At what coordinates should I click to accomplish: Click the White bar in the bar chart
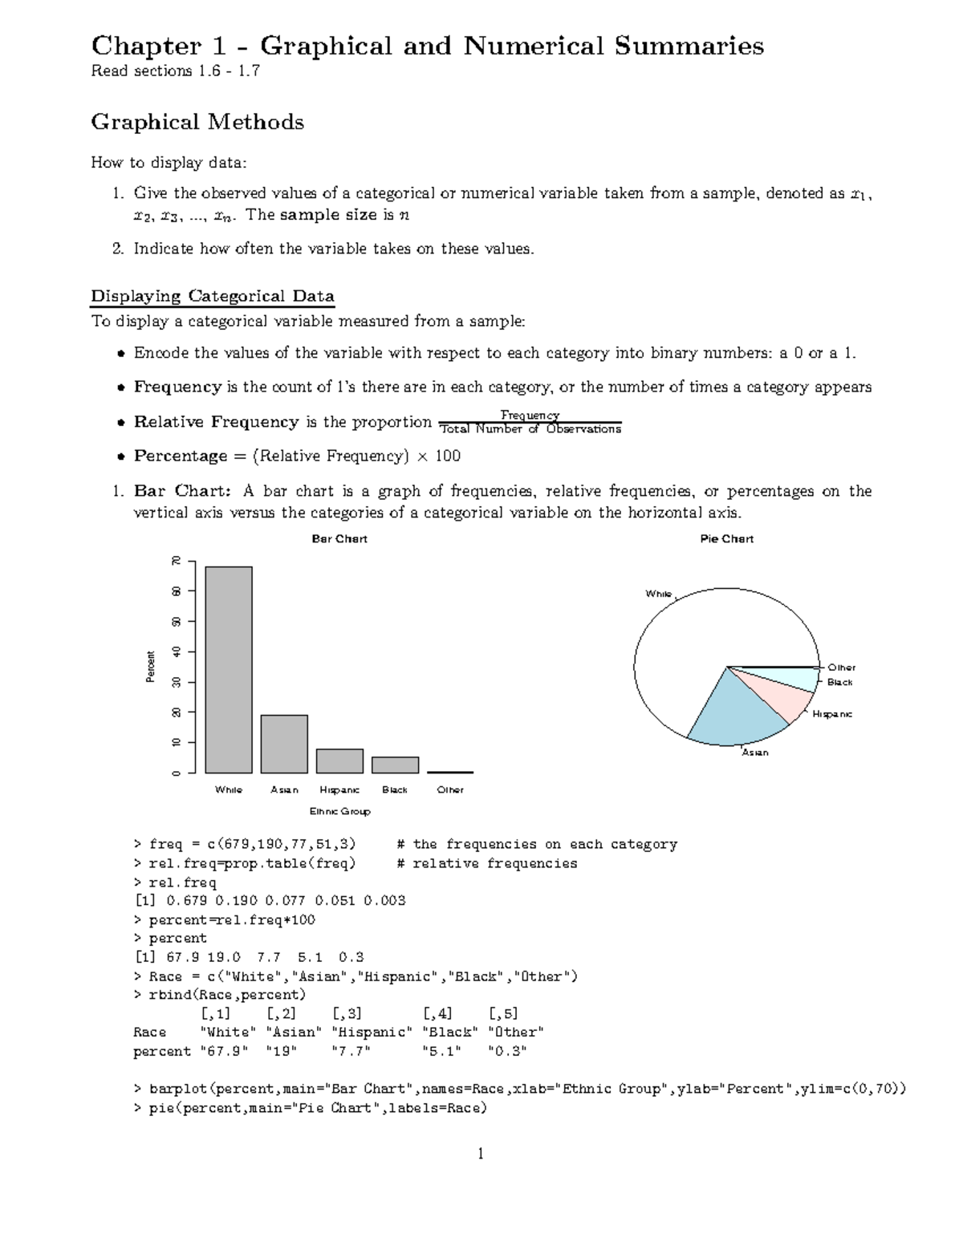[x=229, y=670]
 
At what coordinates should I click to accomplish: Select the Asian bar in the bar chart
[x=284, y=744]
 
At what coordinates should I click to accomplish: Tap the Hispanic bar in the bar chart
[x=339, y=761]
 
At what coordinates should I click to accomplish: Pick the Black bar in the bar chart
[x=395, y=765]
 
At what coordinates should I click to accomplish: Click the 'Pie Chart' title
[x=726, y=539]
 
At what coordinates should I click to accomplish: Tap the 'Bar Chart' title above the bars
[x=339, y=539]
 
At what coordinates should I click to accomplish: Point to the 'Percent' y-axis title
[x=150, y=667]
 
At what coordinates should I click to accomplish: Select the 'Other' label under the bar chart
[x=450, y=789]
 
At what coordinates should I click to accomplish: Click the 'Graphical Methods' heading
[x=197, y=122]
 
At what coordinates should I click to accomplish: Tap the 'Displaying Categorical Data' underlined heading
[x=212, y=296]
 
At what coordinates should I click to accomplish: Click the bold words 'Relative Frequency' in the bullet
[x=216, y=422]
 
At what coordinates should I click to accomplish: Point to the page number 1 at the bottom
[x=481, y=1154]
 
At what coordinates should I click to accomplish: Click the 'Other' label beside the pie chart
[x=841, y=668]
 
